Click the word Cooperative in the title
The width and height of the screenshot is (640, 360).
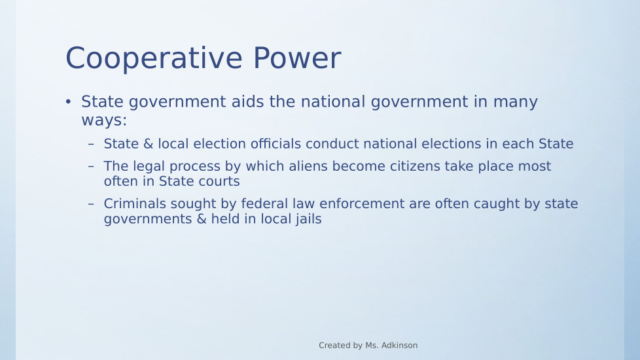tap(154, 59)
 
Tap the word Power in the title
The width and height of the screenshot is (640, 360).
tap(296, 58)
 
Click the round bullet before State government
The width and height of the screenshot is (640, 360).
tap(68, 101)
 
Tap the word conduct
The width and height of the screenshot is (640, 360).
tap(332, 144)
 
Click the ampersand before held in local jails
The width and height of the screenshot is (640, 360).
tap(202, 219)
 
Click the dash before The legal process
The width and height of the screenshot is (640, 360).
tap(91, 166)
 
